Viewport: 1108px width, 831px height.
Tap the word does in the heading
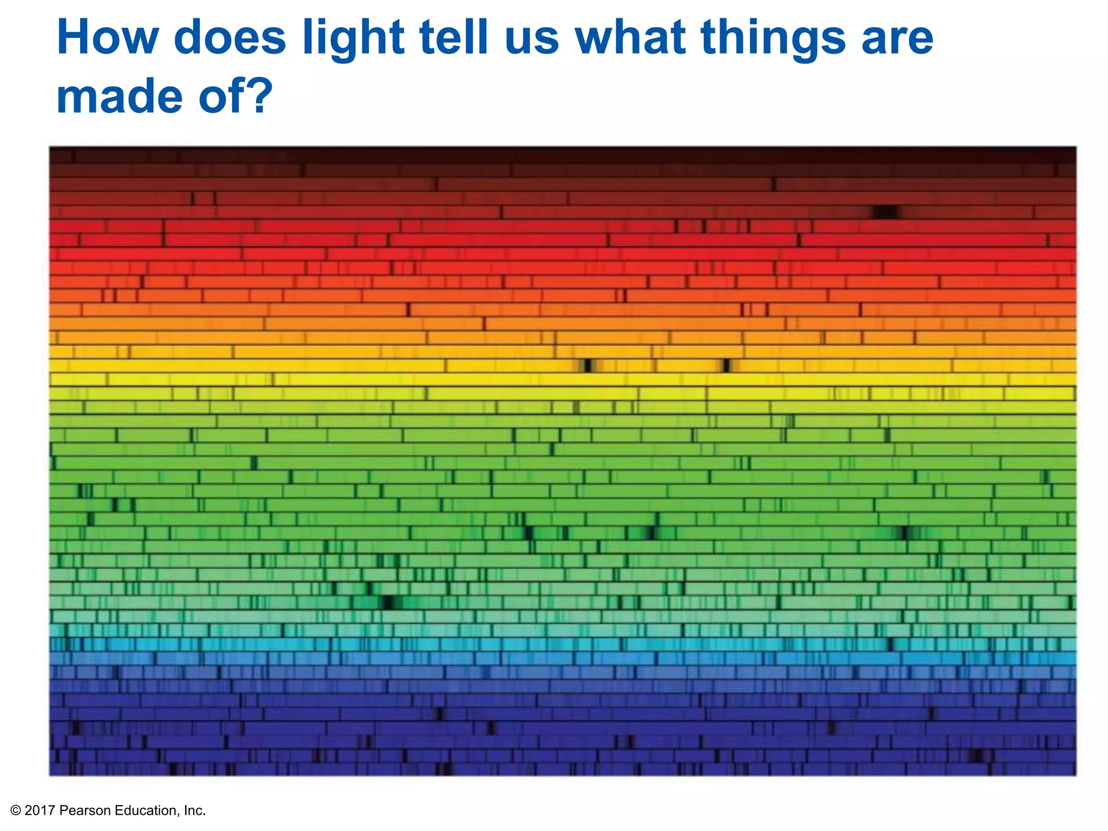(230, 38)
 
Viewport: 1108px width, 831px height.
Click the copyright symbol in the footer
(16, 810)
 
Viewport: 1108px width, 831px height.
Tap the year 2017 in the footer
(39, 810)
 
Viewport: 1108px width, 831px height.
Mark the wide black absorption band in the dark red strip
(886, 212)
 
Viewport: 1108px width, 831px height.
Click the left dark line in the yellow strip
(588, 366)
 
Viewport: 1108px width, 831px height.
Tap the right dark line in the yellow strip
(727, 366)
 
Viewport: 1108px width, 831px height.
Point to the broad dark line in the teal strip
(388, 602)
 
